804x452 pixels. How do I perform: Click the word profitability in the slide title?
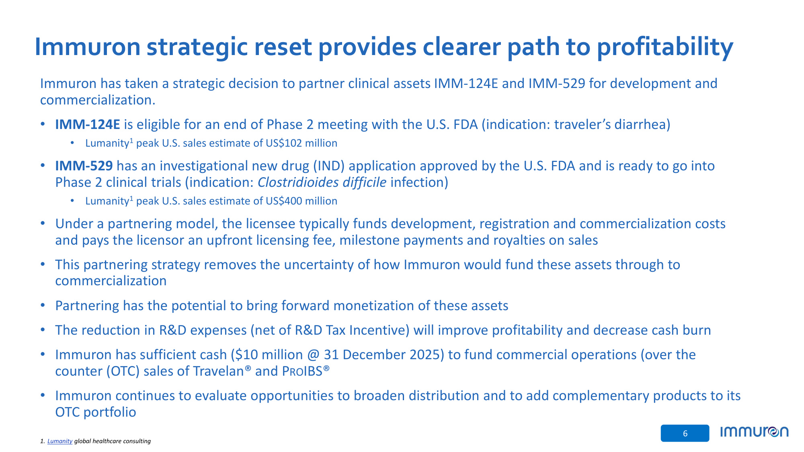(x=665, y=47)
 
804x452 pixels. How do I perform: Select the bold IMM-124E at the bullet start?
(x=88, y=125)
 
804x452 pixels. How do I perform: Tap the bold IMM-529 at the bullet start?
(x=84, y=166)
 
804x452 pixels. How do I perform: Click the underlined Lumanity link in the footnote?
(x=60, y=441)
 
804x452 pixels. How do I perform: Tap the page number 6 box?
(x=685, y=433)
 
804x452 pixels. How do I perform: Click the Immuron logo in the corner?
(x=755, y=432)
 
